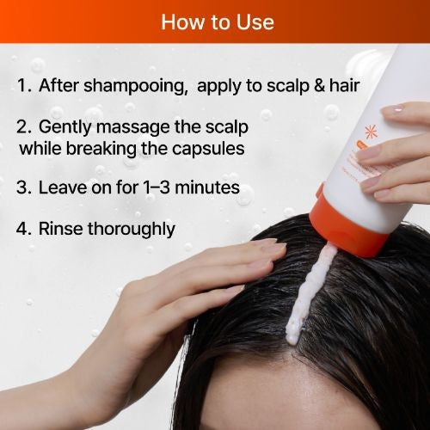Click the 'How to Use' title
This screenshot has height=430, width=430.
click(x=218, y=22)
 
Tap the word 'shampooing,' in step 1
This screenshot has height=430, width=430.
click(x=135, y=86)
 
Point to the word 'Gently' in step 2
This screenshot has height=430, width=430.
click(x=64, y=127)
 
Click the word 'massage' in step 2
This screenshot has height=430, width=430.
click(x=132, y=128)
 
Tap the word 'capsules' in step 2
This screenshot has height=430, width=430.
click(x=208, y=150)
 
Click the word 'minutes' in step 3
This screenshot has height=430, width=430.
click(x=207, y=187)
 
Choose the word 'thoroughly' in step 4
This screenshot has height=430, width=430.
click(x=131, y=230)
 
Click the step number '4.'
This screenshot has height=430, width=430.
click(x=24, y=229)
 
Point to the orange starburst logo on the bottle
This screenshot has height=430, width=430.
click(x=371, y=132)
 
